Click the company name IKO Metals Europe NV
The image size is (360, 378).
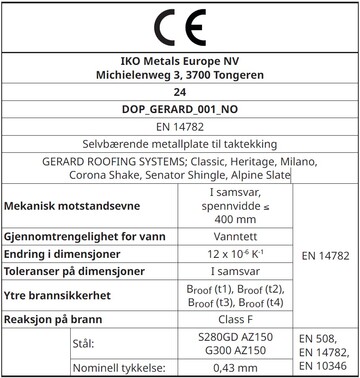pyautogui.click(x=179, y=59)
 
